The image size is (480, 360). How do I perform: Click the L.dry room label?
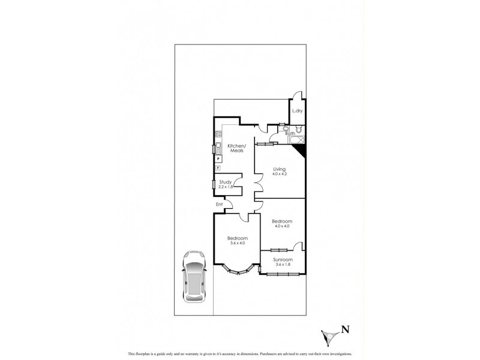point(296,111)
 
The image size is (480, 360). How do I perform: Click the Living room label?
point(280,170)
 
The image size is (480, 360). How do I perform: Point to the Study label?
point(226,182)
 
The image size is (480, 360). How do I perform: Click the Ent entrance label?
point(220,205)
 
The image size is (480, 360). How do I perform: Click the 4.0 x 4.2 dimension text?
point(280,175)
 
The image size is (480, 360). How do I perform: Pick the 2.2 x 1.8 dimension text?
point(226,187)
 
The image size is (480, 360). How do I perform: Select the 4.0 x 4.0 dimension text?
point(281,226)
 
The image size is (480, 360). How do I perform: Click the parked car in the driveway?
point(194,275)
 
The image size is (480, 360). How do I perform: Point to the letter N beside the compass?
point(345,329)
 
